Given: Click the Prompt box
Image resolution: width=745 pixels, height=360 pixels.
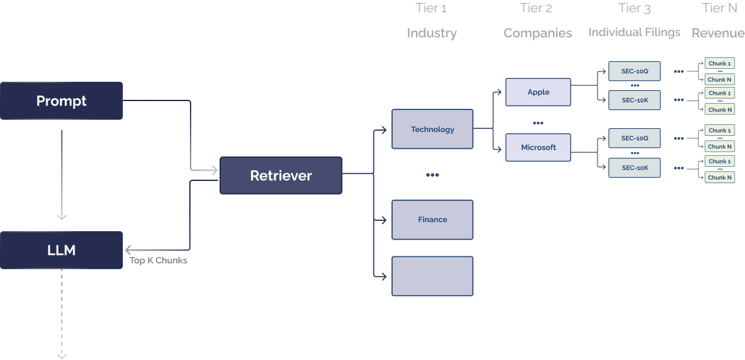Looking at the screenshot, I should pyautogui.click(x=61, y=101).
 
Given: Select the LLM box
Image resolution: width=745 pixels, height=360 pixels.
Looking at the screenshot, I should pyautogui.click(x=61, y=251).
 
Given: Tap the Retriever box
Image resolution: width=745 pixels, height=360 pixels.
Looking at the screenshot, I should pyautogui.click(x=281, y=175).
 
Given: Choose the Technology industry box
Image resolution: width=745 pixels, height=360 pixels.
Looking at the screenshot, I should pyautogui.click(x=432, y=129).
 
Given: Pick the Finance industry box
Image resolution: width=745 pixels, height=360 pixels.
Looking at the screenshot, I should pyautogui.click(x=432, y=220).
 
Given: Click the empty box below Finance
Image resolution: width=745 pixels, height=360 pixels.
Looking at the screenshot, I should pyautogui.click(x=432, y=276).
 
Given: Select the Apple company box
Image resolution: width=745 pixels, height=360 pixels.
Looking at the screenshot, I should pyautogui.click(x=538, y=92).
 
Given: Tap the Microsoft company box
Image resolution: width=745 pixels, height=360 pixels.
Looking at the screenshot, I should pyautogui.click(x=538, y=147).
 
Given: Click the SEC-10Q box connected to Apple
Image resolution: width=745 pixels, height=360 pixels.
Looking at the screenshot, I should pyautogui.click(x=634, y=71).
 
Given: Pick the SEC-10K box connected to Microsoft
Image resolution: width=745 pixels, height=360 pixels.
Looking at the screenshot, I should pyautogui.click(x=634, y=168).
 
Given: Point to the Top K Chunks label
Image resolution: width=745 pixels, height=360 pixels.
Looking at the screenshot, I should pyautogui.click(x=158, y=261).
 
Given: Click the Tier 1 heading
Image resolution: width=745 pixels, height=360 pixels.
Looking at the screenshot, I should pyautogui.click(x=431, y=8).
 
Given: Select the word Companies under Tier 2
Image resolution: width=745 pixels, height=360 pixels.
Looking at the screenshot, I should pyautogui.click(x=538, y=33).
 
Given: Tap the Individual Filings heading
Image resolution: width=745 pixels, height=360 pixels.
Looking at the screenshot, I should pyautogui.click(x=634, y=32).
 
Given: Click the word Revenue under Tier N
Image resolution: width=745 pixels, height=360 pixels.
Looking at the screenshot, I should pyautogui.click(x=718, y=33).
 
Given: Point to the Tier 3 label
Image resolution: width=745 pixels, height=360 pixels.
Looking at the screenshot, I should pyautogui.click(x=634, y=8).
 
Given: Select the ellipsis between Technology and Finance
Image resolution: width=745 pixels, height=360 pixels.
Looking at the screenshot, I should pyautogui.click(x=432, y=175).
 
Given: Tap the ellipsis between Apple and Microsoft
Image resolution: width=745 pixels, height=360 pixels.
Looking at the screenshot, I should pyautogui.click(x=538, y=122).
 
